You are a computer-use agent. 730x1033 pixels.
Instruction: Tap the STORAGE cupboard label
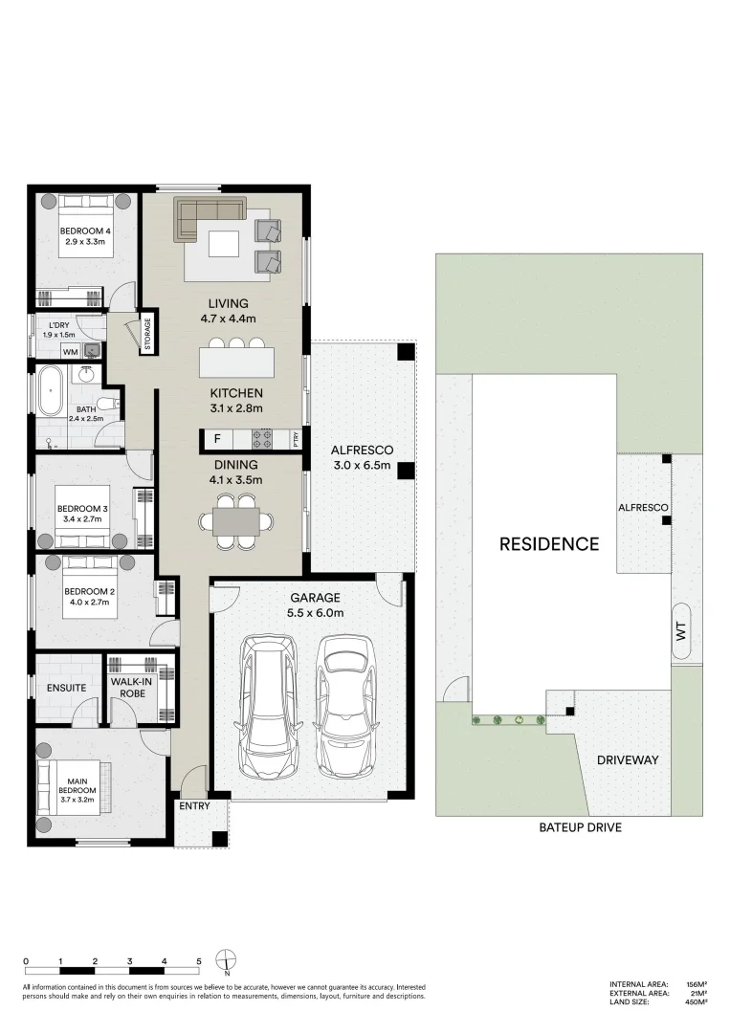(147, 334)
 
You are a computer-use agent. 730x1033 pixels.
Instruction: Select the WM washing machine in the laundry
(70, 352)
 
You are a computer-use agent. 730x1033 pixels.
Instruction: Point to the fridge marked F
(216, 440)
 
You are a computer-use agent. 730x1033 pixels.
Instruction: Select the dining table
(235, 521)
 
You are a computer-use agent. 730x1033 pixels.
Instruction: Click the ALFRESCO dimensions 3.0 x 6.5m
(362, 466)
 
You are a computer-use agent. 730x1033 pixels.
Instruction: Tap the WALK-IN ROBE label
(132, 688)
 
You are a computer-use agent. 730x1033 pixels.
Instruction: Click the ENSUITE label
(66, 688)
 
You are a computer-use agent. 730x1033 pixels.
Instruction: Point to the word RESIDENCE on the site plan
(549, 544)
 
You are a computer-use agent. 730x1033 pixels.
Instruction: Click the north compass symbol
(226, 959)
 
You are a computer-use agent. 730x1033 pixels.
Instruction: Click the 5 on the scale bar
(199, 959)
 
